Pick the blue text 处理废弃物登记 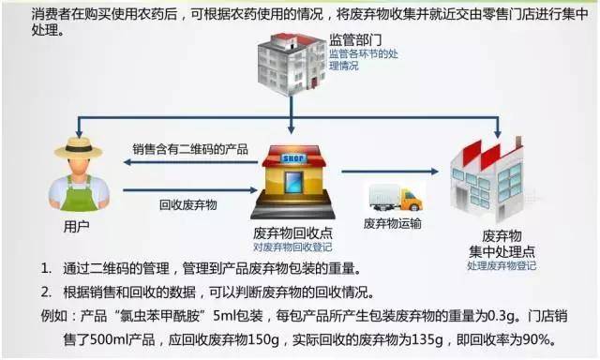click(502, 266)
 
